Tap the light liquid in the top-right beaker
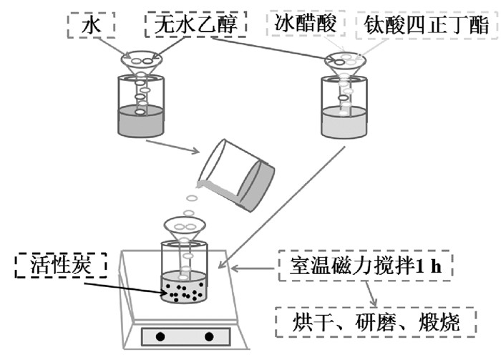point(344,122)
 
